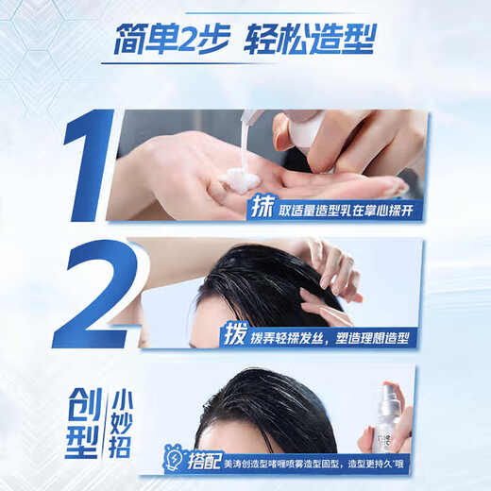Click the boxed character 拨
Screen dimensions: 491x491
(x=235, y=334)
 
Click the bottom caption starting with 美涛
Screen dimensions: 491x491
(x=321, y=462)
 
